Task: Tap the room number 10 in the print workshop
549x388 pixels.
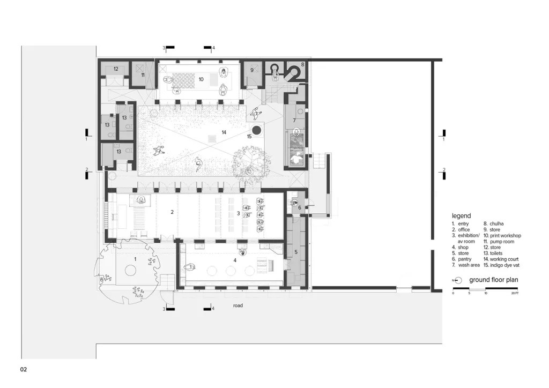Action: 201,79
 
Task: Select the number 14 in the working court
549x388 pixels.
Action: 224,132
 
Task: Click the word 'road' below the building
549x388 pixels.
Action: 238,305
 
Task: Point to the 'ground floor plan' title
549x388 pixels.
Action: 494,280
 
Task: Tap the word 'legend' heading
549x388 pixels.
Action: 461,216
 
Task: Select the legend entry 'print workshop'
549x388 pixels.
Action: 506,235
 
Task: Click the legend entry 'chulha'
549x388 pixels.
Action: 496,223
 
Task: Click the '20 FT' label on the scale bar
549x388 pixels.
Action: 515,293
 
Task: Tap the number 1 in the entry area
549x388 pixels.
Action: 135,259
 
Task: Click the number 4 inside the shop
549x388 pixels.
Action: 235,260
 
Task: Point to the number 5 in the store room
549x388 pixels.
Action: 296,252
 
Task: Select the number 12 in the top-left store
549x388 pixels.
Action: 116,69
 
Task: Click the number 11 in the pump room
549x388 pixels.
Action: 143,75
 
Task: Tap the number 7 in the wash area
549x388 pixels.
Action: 294,121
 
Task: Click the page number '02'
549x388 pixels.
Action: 24,369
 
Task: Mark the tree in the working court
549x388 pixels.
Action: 251,162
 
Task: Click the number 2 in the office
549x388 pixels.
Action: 172,212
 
